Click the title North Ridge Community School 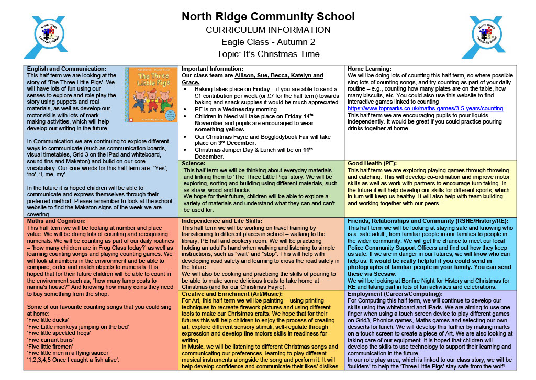coord(268,17)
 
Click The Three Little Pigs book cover coord(151,95)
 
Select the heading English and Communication coord(66,69)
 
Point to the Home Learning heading coord(368,69)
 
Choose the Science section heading coord(194,164)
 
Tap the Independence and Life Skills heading coord(222,221)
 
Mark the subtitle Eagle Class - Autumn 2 coord(268,42)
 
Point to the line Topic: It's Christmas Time coord(268,54)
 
